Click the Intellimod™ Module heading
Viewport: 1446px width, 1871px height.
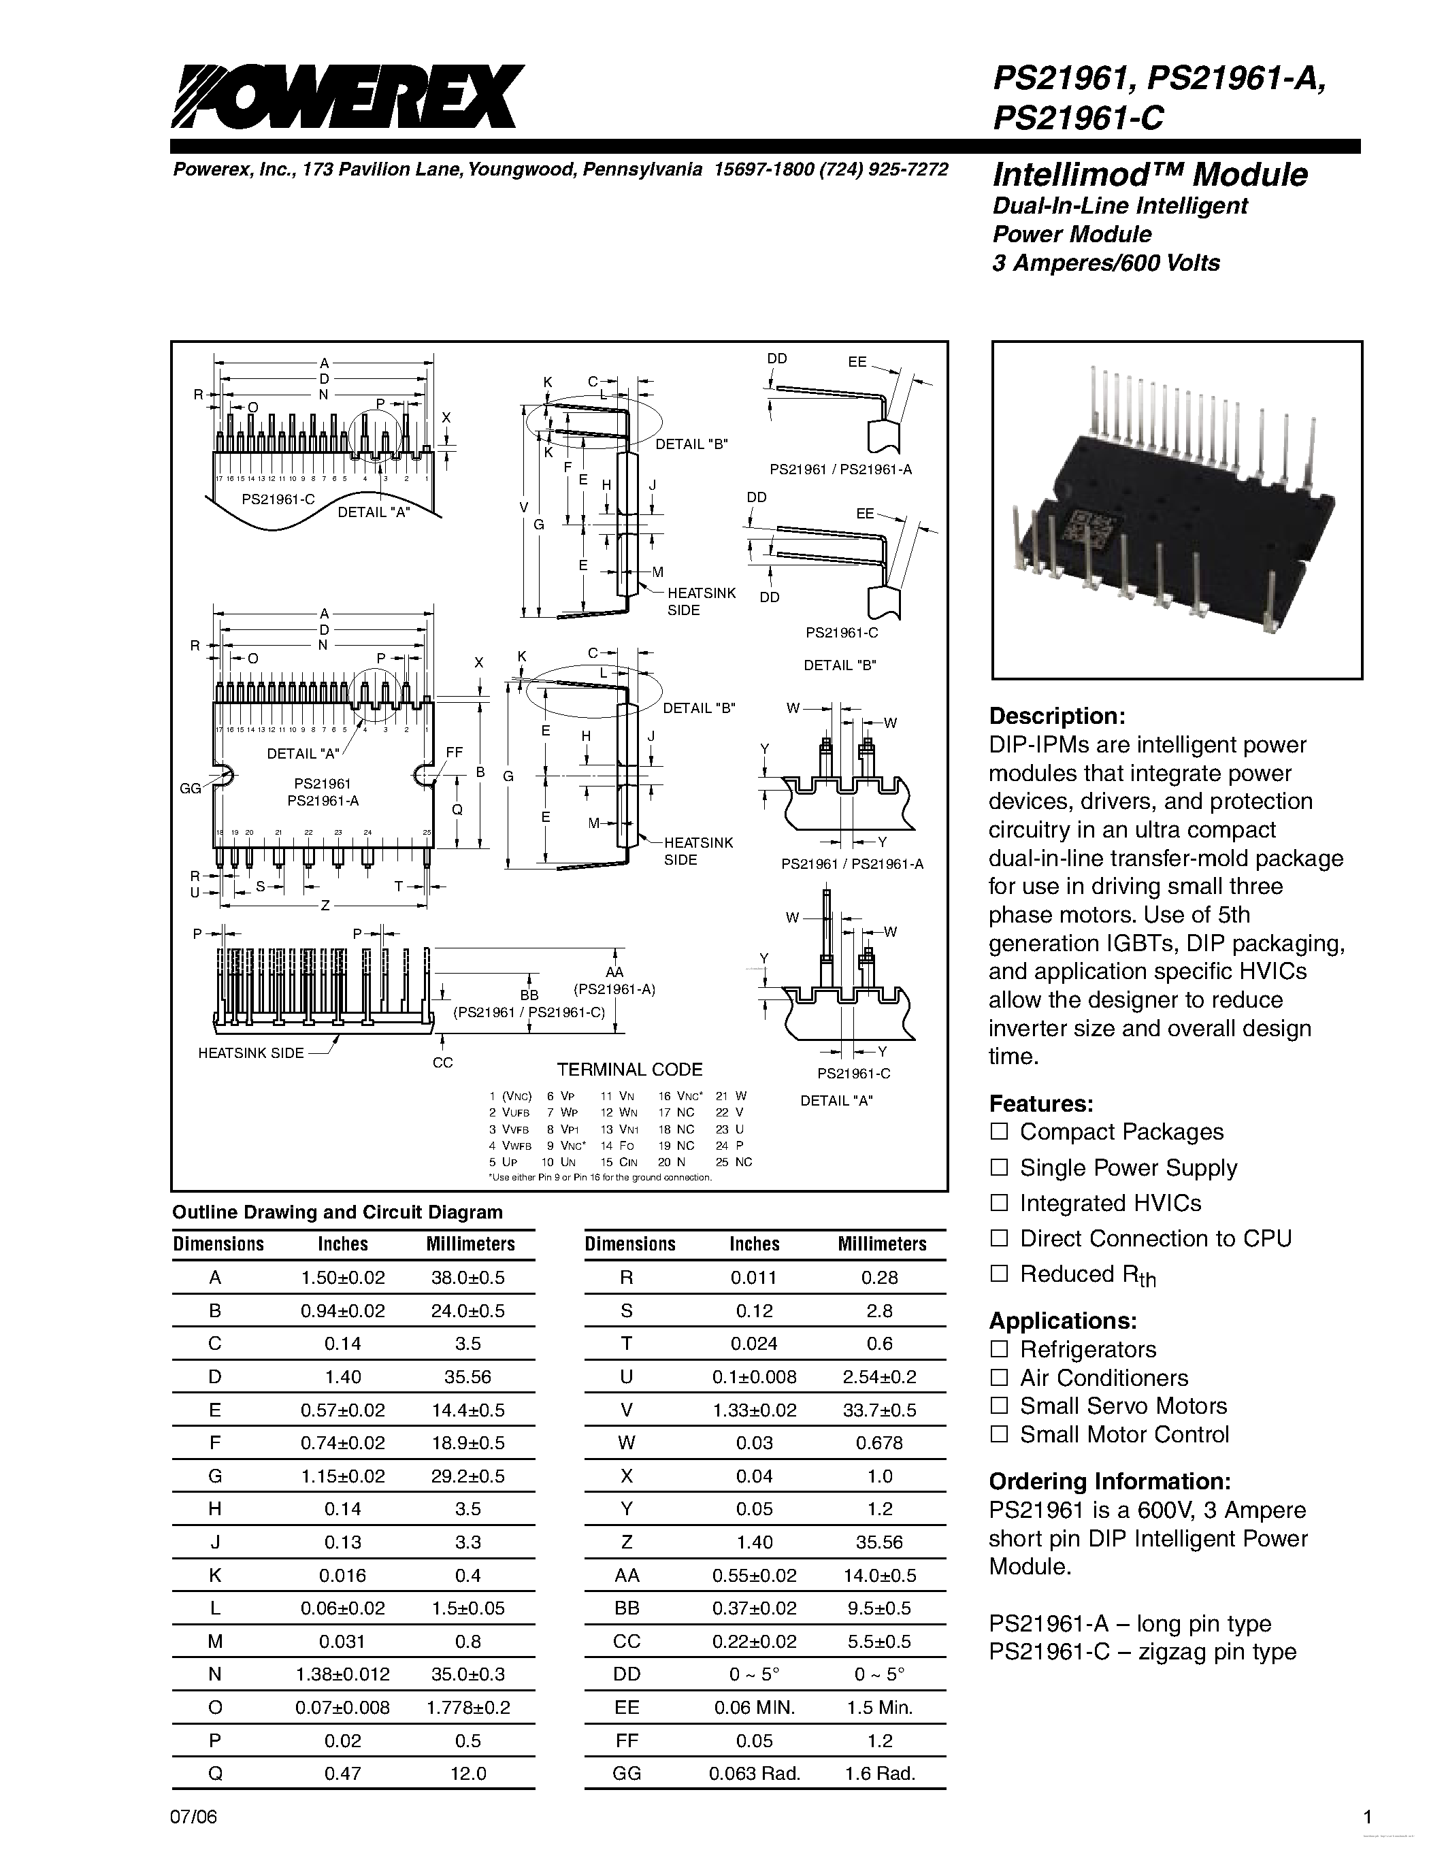tap(1149, 175)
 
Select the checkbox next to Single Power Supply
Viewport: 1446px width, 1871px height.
tap(999, 1167)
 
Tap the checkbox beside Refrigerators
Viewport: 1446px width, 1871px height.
tap(999, 1349)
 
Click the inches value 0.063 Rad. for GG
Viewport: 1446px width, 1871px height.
tap(754, 1773)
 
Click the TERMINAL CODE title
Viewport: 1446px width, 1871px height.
tap(629, 1069)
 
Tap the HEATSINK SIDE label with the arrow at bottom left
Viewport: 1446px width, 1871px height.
tap(251, 1053)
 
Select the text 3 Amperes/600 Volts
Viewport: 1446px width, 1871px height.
tap(1106, 263)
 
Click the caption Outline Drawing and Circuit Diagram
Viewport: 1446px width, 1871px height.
tap(338, 1212)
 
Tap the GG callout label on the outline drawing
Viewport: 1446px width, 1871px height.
tap(190, 788)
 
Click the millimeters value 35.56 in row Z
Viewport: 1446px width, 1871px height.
tap(880, 1542)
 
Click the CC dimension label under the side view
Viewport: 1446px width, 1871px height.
tap(442, 1062)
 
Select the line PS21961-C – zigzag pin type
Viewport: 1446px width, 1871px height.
tap(1142, 1652)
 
